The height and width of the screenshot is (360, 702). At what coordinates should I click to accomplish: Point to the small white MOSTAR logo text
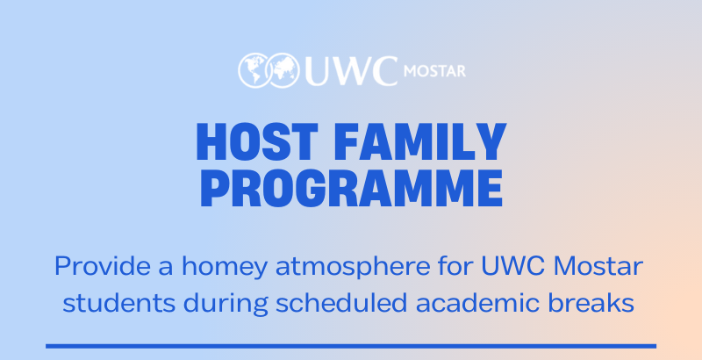(433, 69)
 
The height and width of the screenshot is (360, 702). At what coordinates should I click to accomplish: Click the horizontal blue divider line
(351, 346)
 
